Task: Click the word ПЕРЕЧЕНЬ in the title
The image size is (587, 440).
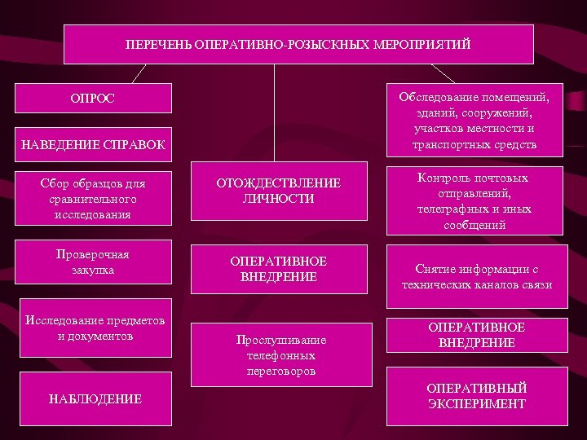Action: click(157, 43)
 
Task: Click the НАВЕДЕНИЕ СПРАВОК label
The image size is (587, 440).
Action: click(94, 146)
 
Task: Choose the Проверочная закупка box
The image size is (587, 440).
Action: click(95, 262)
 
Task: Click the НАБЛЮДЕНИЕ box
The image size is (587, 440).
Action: click(95, 399)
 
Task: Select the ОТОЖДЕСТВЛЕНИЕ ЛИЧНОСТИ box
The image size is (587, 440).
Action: click(278, 191)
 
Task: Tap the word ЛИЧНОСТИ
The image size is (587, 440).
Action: click(278, 199)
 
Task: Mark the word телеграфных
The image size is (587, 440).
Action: click(452, 209)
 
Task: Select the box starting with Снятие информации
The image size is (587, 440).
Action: click(476, 277)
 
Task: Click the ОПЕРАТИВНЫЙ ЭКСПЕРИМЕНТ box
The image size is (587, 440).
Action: click(476, 395)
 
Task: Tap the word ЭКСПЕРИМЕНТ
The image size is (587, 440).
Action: click(476, 403)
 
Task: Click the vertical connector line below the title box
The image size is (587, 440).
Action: click(274, 114)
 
